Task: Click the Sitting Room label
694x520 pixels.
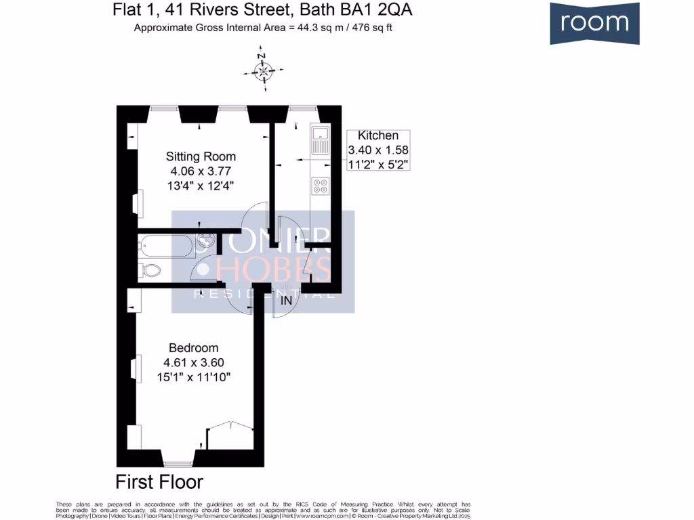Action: [201, 156]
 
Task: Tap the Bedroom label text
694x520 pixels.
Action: [194, 347]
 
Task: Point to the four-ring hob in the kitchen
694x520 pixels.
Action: [319, 186]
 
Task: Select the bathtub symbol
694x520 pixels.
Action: [165, 245]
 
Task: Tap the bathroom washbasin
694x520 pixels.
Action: [205, 242]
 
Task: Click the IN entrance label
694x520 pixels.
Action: [287, 300]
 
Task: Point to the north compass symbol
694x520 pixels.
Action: [262, 70]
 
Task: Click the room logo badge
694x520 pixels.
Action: [594, 23]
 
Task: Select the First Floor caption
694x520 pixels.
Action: [159, 482]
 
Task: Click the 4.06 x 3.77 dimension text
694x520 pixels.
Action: [201, 171]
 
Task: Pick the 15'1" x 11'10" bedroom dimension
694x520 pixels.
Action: [194, 376]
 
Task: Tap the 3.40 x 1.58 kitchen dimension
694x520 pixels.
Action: [378, 150]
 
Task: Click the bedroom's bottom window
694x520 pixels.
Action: [178, 464]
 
